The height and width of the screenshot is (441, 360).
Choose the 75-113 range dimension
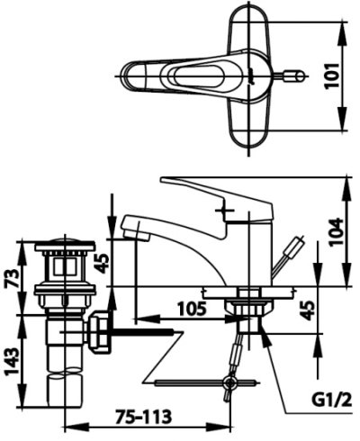(143, 417)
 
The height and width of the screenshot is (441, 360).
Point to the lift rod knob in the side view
(298, 243)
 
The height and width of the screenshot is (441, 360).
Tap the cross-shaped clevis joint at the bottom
(232, 385)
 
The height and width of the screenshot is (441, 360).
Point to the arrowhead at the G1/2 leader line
(263, 336)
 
